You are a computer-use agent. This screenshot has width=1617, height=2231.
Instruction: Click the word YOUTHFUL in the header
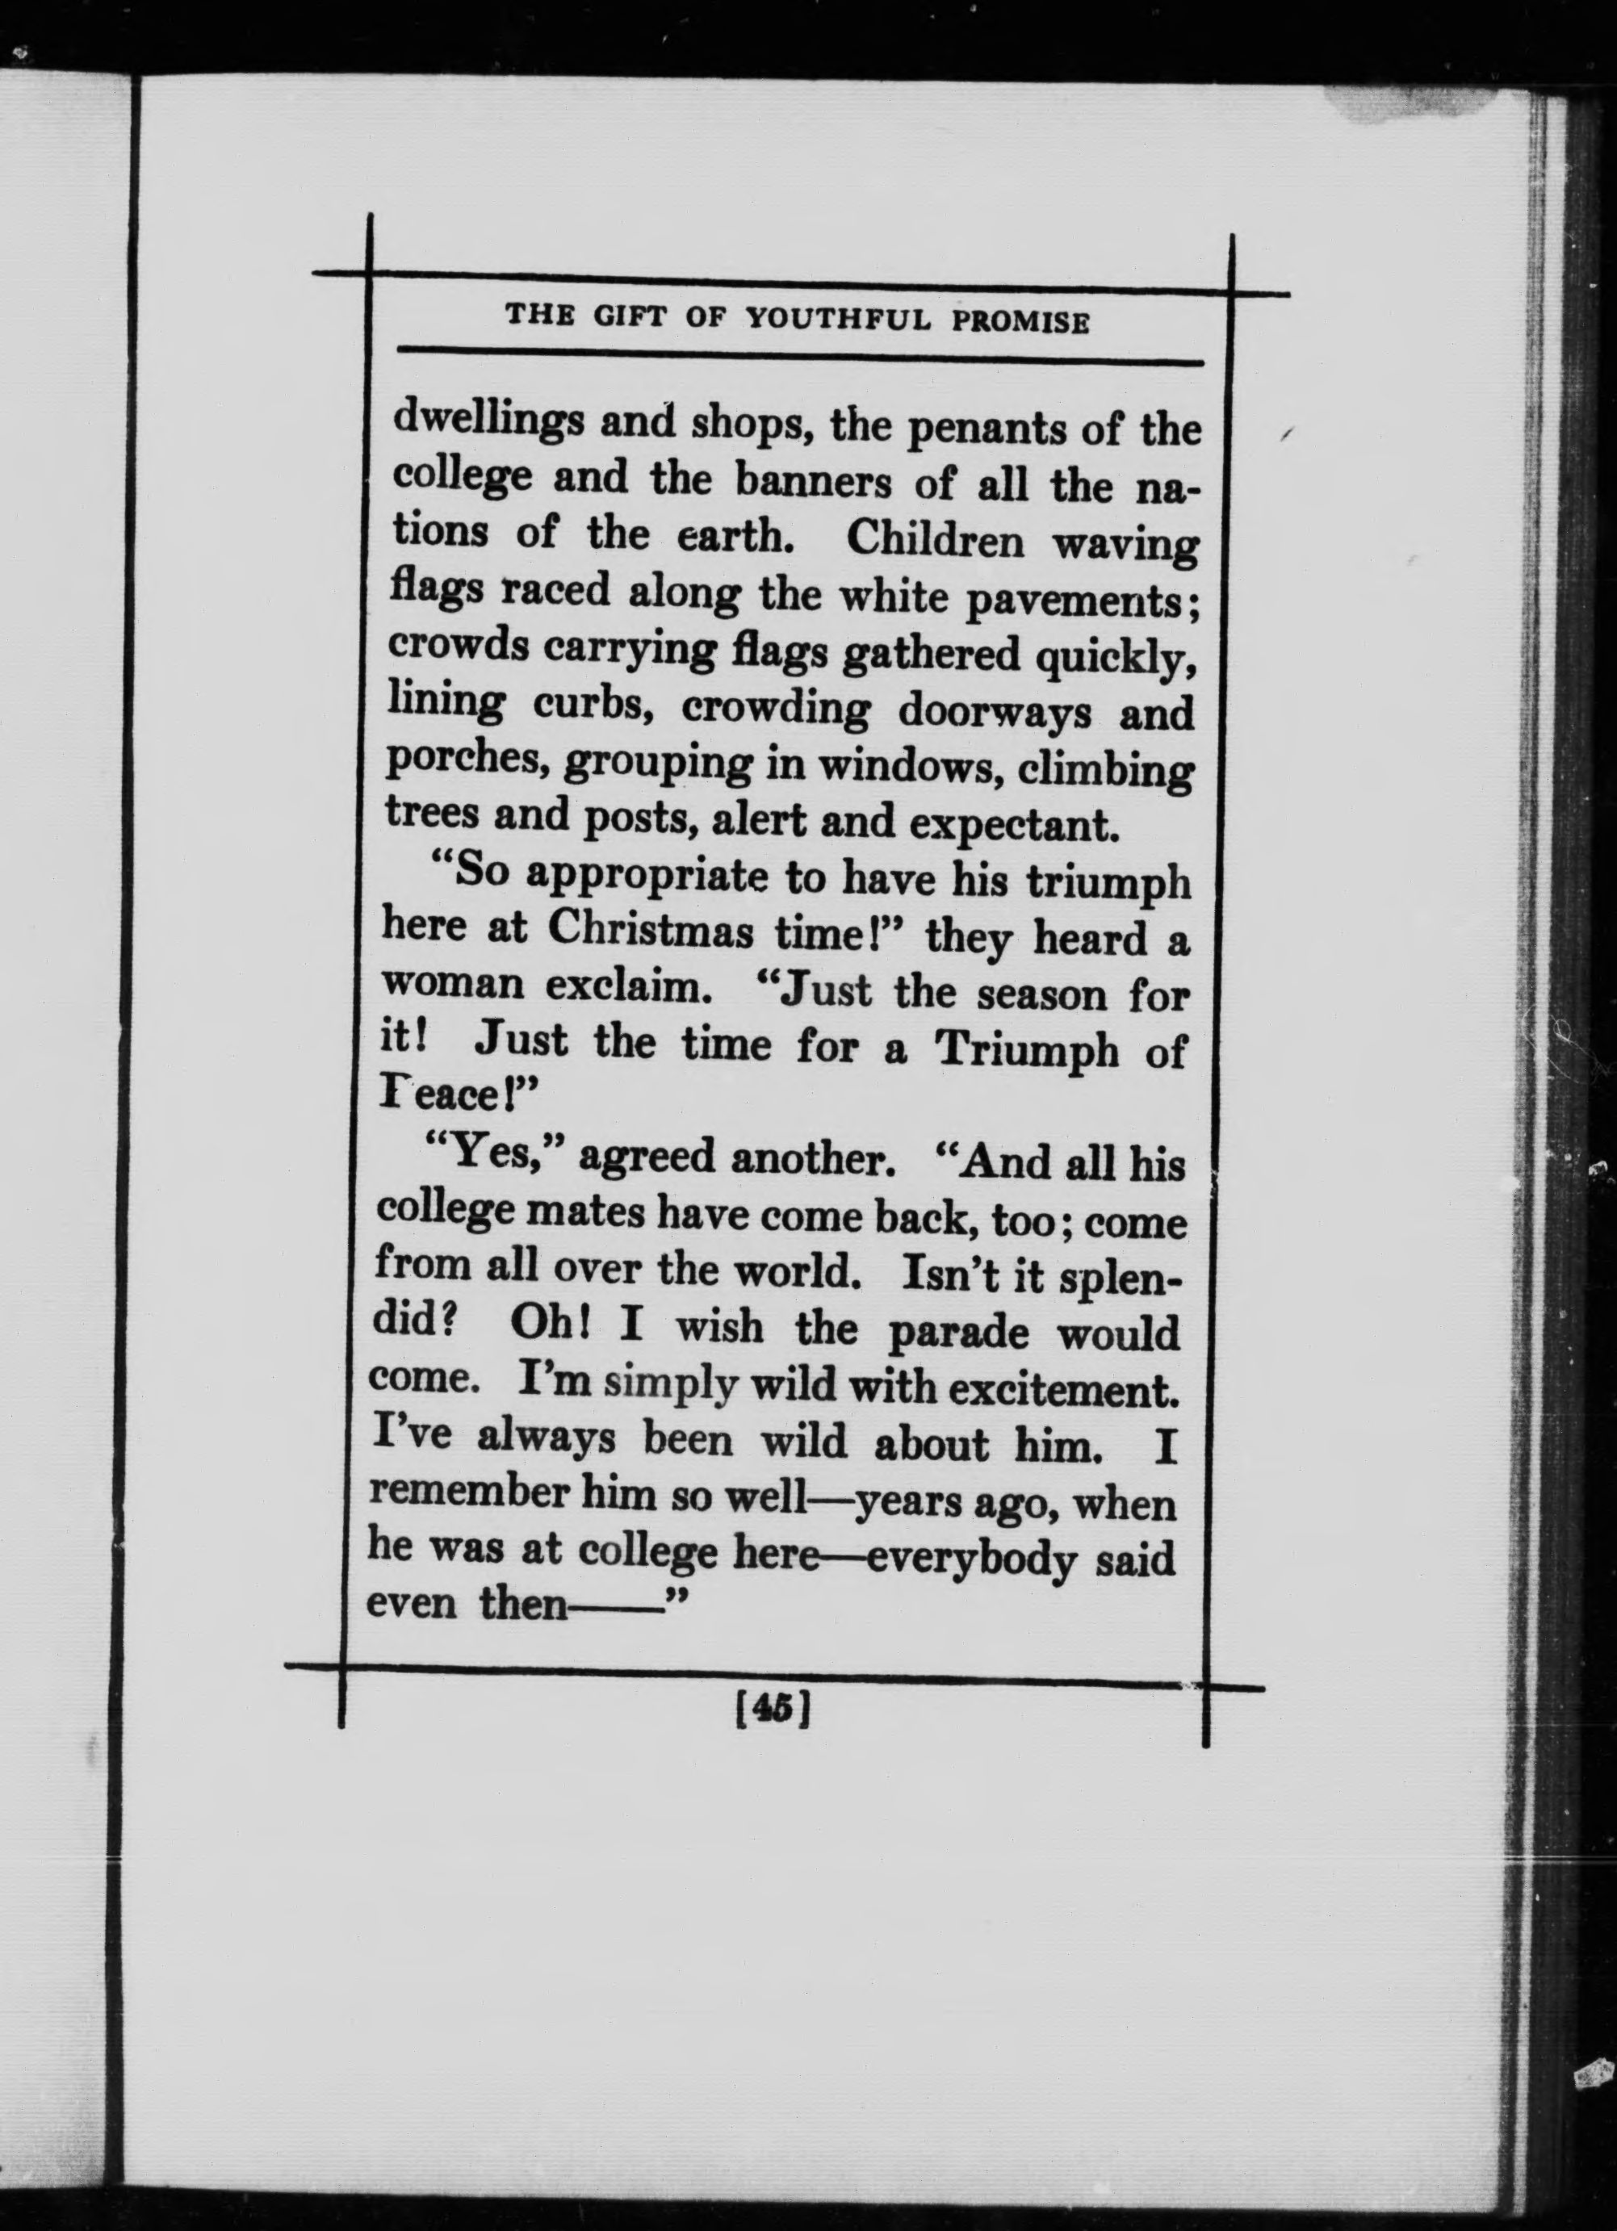click(x=837, y=320)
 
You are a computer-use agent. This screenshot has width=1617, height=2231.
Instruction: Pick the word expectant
click(x=1014, y=823)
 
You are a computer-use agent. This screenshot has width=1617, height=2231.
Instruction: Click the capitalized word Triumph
click(x=1026, y=1052)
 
